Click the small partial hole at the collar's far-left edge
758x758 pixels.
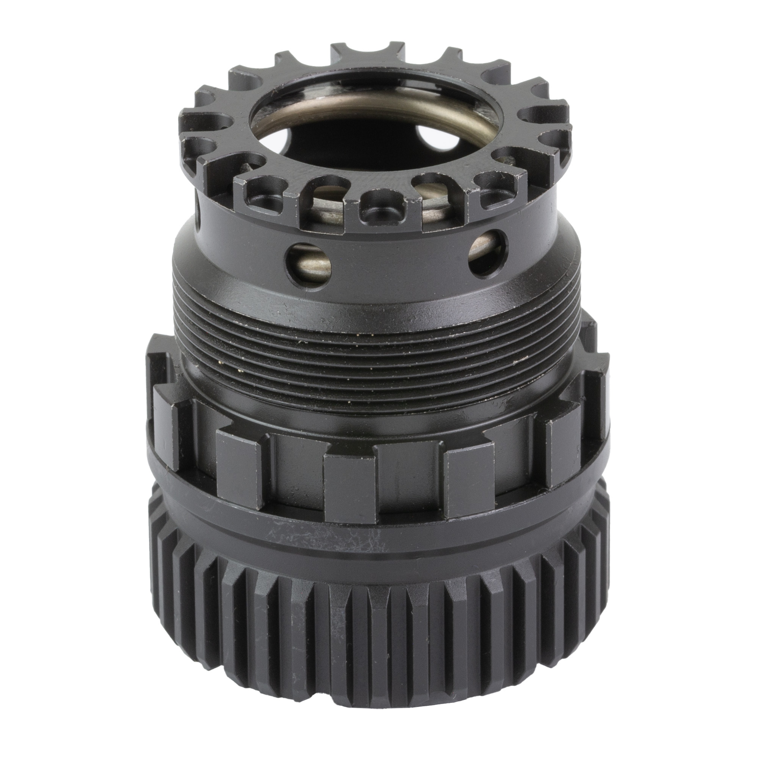click(201, 214)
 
